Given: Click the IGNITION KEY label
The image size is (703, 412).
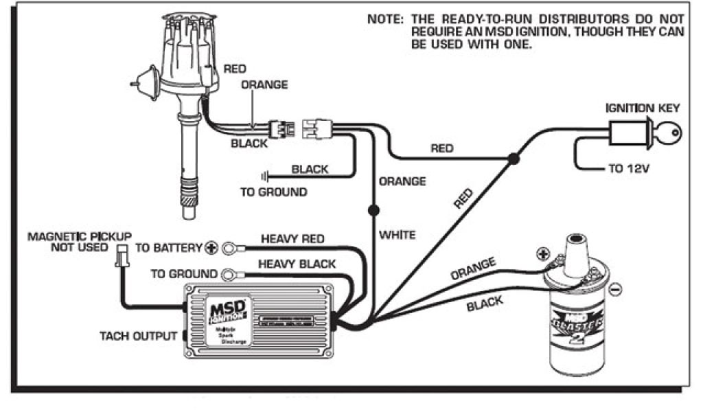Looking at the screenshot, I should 642,108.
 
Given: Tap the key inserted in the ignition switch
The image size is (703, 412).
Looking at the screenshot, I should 669,133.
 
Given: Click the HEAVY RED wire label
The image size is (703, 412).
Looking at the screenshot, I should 292,239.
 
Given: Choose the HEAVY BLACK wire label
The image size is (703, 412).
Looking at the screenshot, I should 297,264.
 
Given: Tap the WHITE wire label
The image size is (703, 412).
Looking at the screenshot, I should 397,235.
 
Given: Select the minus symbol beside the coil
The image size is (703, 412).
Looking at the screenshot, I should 616,290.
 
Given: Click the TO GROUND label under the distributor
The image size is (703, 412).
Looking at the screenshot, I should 273,192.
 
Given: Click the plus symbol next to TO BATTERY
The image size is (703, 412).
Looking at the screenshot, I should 212,248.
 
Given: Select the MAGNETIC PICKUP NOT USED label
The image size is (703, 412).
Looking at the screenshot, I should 80,242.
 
